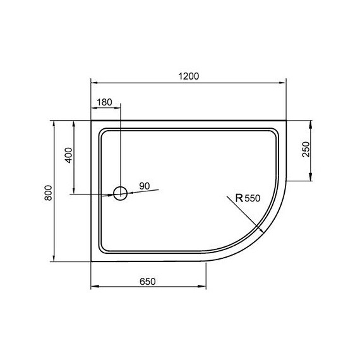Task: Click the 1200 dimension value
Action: (189, 76)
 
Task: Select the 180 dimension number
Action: (105, 103)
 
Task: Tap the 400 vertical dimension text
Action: (69, 155)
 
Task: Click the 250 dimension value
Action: (306, 150)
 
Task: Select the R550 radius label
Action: (247, 198)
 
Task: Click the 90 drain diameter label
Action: (144, 186)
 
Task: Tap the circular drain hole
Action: (120, 193)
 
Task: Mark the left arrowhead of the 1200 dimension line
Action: (95, 83)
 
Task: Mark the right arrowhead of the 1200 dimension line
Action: (283, 83)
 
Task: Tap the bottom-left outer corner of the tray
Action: (92, 262)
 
